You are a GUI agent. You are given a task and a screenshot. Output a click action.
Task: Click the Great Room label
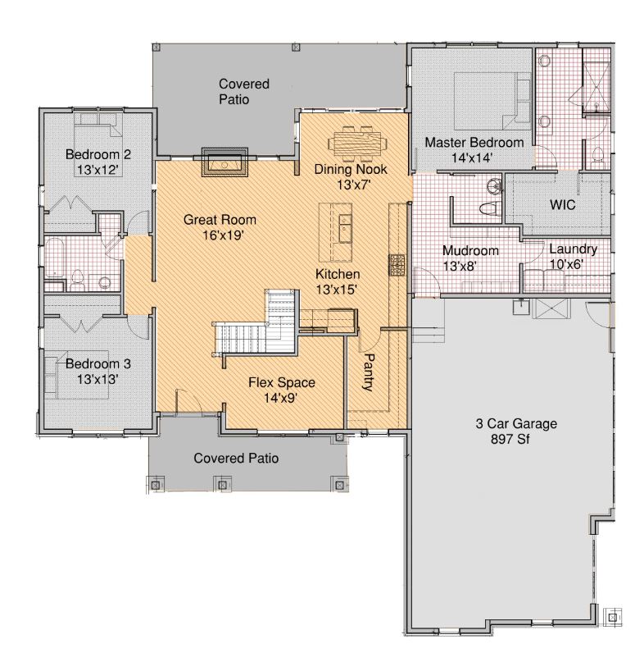(x=220, y=220)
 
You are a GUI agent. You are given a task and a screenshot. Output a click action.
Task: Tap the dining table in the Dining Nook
(x=358, y=144)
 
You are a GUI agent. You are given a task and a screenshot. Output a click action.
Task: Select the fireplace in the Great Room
(x=224, y=162)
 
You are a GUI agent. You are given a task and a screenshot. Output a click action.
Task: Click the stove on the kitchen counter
(x=397, y=265)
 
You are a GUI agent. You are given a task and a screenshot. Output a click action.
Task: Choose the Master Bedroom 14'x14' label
(x=474, y=150)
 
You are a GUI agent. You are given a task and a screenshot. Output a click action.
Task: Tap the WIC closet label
(x=562, y=205)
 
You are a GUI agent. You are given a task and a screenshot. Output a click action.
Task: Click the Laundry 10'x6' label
(x=573, y=257)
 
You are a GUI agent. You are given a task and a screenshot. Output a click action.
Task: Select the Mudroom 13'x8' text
(x=470, y=258)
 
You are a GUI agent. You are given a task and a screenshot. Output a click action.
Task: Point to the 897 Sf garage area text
(x=510, y=439)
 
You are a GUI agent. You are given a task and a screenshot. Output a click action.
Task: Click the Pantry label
(x=368, y=372)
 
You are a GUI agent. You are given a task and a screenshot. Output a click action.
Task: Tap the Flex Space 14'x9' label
(x=282, y=390)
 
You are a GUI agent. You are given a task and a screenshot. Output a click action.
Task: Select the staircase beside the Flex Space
(x=256, y=323)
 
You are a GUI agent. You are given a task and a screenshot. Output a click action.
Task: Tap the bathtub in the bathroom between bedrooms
(x=55, y=258)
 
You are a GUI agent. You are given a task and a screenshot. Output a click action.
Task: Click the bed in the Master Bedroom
(x=492, y=101)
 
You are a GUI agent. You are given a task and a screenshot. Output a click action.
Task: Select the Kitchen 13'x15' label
(x=338, y=281)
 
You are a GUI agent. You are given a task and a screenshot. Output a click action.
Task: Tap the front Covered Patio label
(x=236, y=459)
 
